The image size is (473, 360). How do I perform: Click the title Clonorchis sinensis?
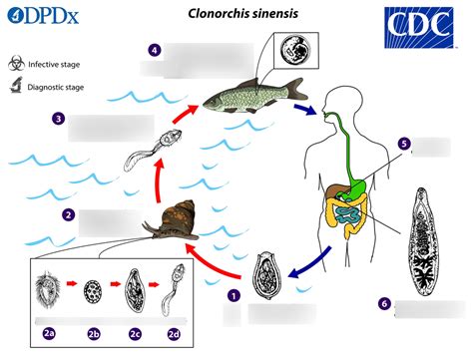tap(236, 14)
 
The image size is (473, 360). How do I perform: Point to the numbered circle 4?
tap(155, 49)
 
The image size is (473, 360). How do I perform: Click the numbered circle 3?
tap(59, 119)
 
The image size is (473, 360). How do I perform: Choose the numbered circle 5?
tap(403, 144)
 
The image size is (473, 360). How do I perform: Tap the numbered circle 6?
tap(384, 303)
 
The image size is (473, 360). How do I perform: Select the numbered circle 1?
tap(233, 295)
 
